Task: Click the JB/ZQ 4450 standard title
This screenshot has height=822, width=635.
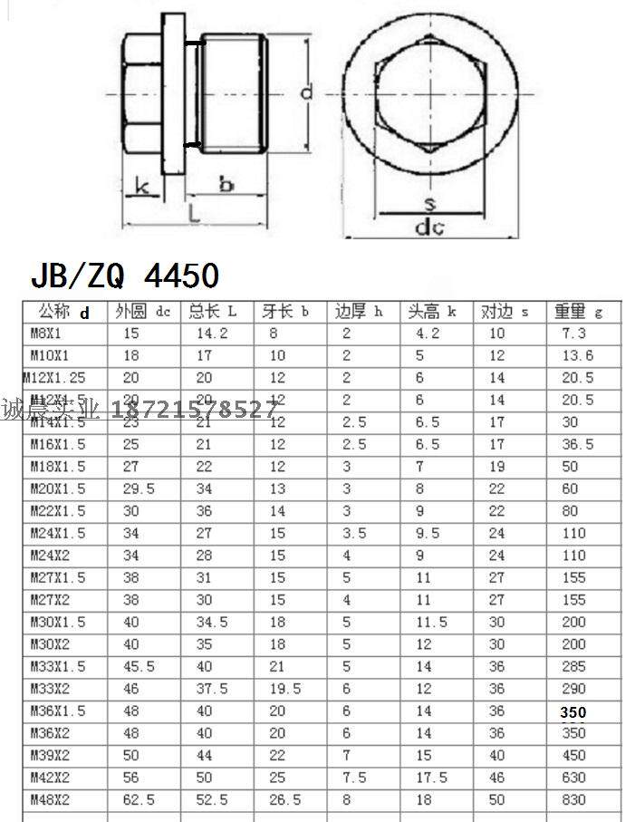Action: pyautogui.click(x=125, y=274)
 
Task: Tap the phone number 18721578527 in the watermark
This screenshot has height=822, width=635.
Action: pyautogui.click(x=194, y=410)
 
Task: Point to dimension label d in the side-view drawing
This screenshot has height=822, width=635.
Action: pyautogui.click(x=307, y=92)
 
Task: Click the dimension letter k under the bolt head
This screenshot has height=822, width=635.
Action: pyautogui.click(x=141, y=186)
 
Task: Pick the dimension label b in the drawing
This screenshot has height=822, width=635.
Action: pyautogui.click(x=226, y=184)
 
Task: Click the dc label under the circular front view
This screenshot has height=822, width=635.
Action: pyautogui.click(x=428, y=227)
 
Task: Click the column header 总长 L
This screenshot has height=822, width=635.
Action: pyautogui.click(x=212, y=312)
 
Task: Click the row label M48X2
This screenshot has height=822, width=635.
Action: pyautogui.click(x=51, y=799)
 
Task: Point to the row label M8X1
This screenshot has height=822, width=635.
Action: pyautogui.click(x=47, y=334)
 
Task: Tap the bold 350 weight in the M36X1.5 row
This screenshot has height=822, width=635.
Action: pyautogui.click(x=572, y=712)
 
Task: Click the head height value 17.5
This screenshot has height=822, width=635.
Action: pyautogui.click(x=431, y=778)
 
